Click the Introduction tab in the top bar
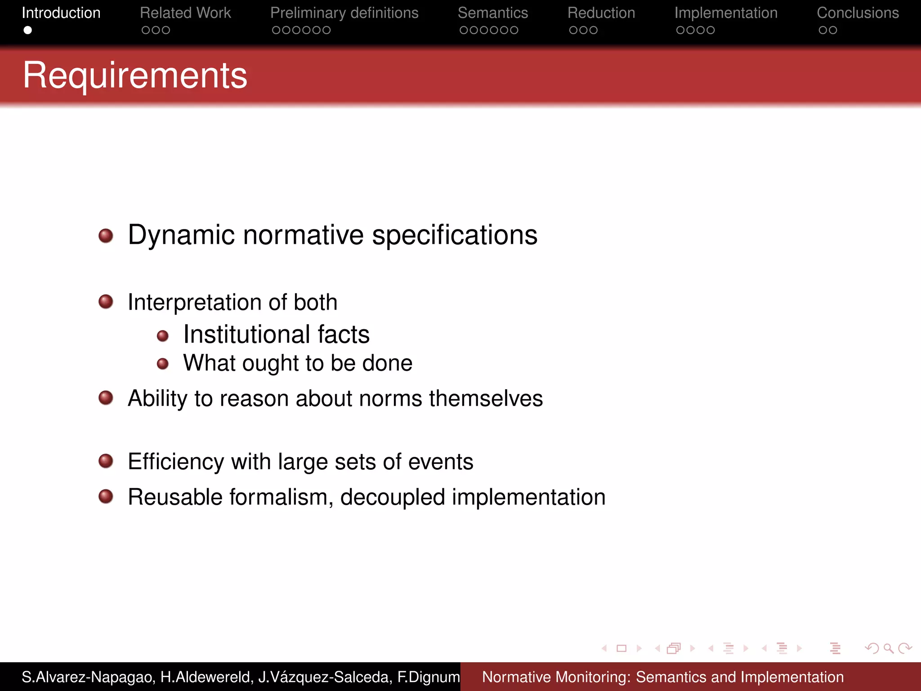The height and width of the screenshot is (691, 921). [x=61, y=13]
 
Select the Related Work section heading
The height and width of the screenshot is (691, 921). [x=185, y=13]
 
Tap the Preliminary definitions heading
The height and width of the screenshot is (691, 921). [x=344, y=13]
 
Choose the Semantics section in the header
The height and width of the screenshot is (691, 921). [x=492, y=13]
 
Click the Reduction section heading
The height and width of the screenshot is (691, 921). [x=601, y=13]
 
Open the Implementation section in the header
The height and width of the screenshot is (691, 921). [x=725, y=13]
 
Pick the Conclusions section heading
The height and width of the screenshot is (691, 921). [x=858, y=13]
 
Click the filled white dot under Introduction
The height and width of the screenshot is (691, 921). [x=28, y=30]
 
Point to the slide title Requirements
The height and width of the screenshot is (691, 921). [x=135, y=75]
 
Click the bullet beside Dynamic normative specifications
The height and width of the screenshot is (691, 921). [x=106, y=235]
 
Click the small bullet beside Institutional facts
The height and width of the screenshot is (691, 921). [x=163, y=336]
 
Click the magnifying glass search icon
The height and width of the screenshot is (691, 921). [x=888, y=648]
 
